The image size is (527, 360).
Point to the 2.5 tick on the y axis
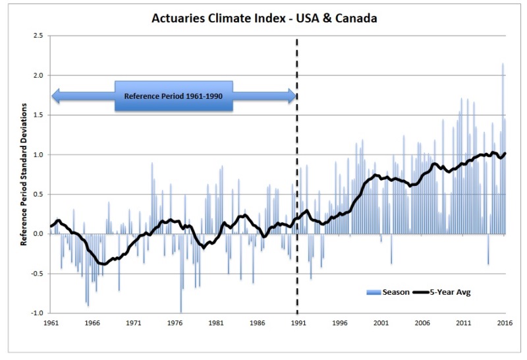point(39,36)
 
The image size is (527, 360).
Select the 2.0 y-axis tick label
point(39,75)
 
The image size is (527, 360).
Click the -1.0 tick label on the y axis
point(38,313)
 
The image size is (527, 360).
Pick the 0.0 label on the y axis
point(39,234)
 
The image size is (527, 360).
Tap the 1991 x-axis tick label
point(298,324)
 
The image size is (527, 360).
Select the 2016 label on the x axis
point(505,324)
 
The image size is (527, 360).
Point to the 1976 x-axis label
point(174,324)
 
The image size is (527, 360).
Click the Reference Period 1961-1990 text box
point(173,96)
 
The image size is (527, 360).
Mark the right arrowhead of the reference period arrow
point(291,96)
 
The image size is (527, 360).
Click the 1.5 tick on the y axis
point(39,115)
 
